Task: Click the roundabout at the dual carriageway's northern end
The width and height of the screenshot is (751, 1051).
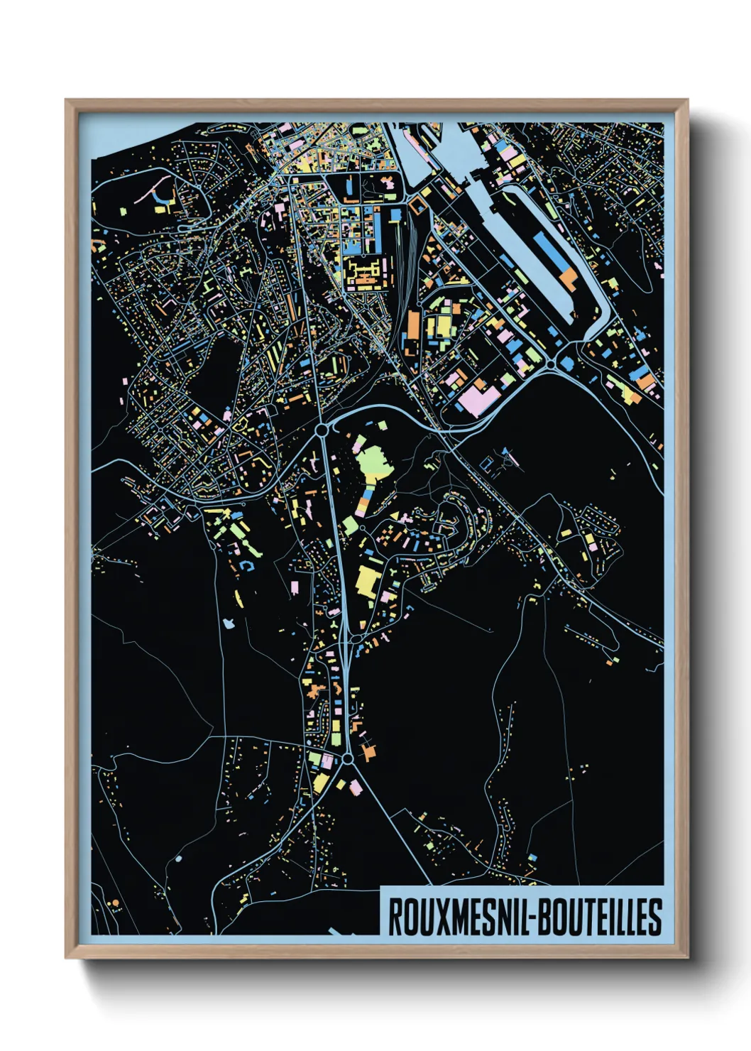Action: coord(322,430)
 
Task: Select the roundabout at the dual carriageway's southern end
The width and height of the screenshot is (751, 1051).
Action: coord(347,760)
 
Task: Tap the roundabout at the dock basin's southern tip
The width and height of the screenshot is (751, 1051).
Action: coord(551,364)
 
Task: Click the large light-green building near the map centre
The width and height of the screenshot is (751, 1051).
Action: coord(373,462)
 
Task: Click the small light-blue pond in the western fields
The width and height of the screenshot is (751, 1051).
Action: coord(228,623)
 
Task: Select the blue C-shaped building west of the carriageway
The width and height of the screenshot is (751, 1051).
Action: coord(248,565)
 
